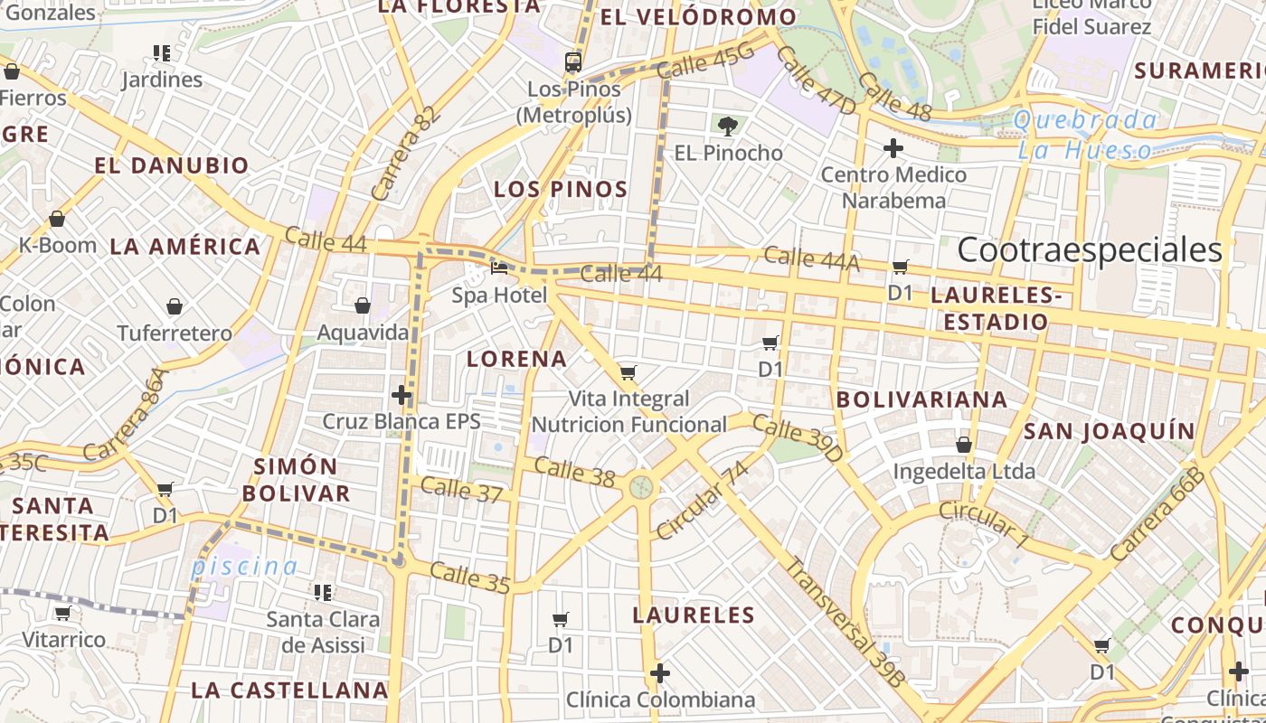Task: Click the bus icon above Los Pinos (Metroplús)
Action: pyautogui.click(x=573, y=62)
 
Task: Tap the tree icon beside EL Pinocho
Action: pyautogui.click(x=726, y=126)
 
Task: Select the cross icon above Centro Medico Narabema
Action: pyautogui.click(x=893, y=148)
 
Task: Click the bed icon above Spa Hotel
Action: pyautogui.click(x=499, y=268)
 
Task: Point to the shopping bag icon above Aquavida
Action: pyautogui.click(x=363, y=305)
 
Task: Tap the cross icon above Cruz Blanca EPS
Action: pyautogui.click(x=402, y=395)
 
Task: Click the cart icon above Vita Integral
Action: pyautogui.click(x=628, y=372)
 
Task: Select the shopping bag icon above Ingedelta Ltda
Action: pyautogui.click(x=964, y=445)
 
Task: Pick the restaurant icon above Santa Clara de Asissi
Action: pyautogui.click(x=323, y=593)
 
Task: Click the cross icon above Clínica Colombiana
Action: pyautogui.click(x=660, y=673)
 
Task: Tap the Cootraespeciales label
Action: pyautogui.click(x=1090, y=250)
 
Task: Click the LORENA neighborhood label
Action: pyautogui.click(x=517, y=359)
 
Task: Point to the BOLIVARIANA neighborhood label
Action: pyautogui.click(x=921, y=399)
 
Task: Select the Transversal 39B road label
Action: pyautogui.click(x=844, y=622)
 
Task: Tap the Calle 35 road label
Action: pyautogui.click(x=469, y=578)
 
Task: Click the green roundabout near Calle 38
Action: pyautogui.click(x=641, y=488)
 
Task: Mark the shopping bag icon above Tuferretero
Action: pyautogui.click(x=175, y=307)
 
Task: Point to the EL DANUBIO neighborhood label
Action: pyautogui.click(x=172, y=165)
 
